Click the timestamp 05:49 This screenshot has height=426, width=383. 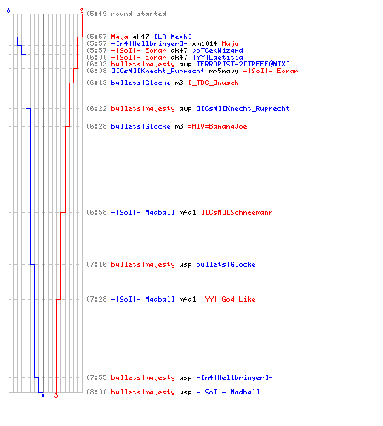(x=96, y=14)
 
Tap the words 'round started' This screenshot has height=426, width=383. (x=139, y=14)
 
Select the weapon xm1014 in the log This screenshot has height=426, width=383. (x=204, y=43)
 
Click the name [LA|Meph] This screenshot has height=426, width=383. (x=173, y=37)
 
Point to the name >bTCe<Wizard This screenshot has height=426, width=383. (x=218, y=50)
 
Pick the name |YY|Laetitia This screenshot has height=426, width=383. (x=218, y=57)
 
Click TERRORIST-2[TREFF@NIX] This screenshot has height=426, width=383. (x=243, y=64)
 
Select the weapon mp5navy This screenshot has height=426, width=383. (x=224, y=71)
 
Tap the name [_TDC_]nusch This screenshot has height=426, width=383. (x=214, y=83)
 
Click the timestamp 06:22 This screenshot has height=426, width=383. (x=96, y=108)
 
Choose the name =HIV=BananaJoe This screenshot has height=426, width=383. (x=217, y=126)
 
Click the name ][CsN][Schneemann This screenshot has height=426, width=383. (x=237, y=212)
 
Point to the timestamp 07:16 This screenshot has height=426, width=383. (x=96, y=264)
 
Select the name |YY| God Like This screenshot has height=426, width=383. (x=229, y=299)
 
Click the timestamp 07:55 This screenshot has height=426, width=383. (x=96, y=377)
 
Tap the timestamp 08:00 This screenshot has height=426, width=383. (x=96, y=392)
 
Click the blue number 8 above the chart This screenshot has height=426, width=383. (x=9, y=10)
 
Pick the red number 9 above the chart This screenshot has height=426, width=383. (x=82, y=10)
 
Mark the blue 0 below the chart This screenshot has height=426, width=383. (x=43, y=395)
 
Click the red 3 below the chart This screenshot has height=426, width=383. (x=56, y=395)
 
